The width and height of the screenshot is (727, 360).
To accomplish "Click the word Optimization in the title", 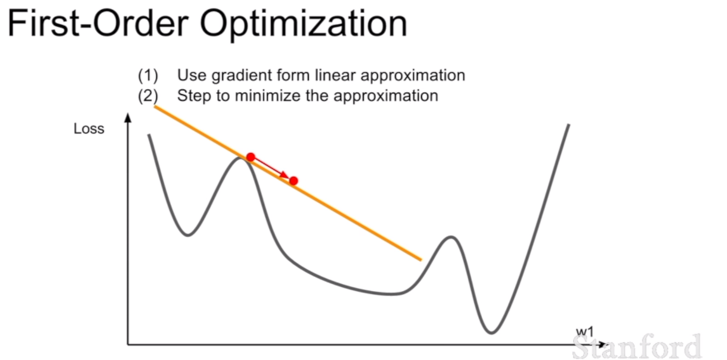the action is pyautogui.click(x=303, y=24).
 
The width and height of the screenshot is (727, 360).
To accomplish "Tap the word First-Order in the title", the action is pyautogui.click(x=98, y=23).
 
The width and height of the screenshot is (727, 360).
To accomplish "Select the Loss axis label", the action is pyautogui.click(x=89, y=129).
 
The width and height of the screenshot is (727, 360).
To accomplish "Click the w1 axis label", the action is pyautogui.click(x=585, y=332).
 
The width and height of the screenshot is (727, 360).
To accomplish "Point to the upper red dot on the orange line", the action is pyautogui.click(x=250, y=157).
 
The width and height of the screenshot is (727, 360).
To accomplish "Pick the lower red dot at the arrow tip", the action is pyautogui.click(x=293, y=181).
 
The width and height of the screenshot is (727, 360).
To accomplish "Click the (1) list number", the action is pyautogui.click(x=148, y=76).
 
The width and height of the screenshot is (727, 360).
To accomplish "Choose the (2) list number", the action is pyautogui.click(x=148, y=96).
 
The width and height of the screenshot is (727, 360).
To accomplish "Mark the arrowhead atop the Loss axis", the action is pyautogui.click(x=128, y=117).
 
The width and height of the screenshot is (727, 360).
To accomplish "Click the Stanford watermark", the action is pyautogui.click(x=636, y=347).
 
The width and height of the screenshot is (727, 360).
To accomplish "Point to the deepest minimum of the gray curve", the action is pyautogui.click(x=492, y=333).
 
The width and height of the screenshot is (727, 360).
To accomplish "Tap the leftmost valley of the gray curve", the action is pyautogui.click(x=188, y=235).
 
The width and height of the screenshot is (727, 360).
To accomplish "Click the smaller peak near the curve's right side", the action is pyautogui.click(x=451, y=237).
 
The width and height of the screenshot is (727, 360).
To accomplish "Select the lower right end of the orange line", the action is pyautogui.click(x=421, y=260).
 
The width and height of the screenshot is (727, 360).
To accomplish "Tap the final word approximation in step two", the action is pyautogui.click(x=386, y=97).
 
